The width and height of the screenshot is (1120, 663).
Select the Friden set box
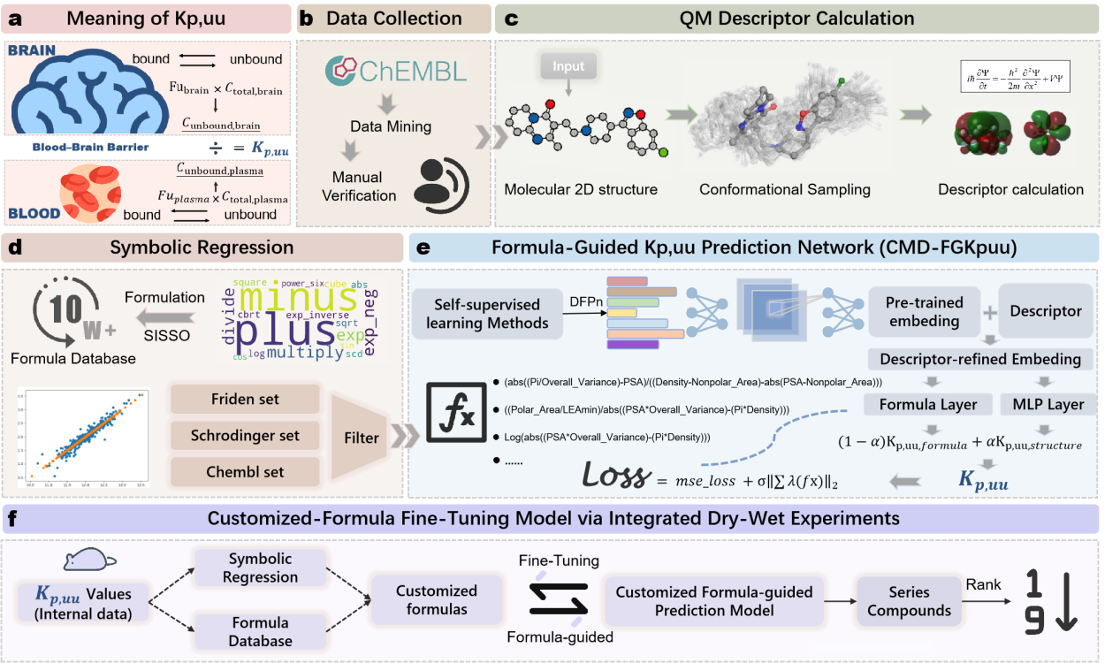point(245,400)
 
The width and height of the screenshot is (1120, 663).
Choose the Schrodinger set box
point(245,436)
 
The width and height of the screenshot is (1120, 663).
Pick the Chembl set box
point(245,471)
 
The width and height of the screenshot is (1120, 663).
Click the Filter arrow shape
point(362,437)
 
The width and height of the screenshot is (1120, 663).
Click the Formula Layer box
point(928,405)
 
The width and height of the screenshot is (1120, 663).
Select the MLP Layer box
point(1044,405)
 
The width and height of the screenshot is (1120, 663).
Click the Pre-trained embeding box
point(924,311)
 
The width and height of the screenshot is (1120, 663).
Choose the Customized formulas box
point(436,601)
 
